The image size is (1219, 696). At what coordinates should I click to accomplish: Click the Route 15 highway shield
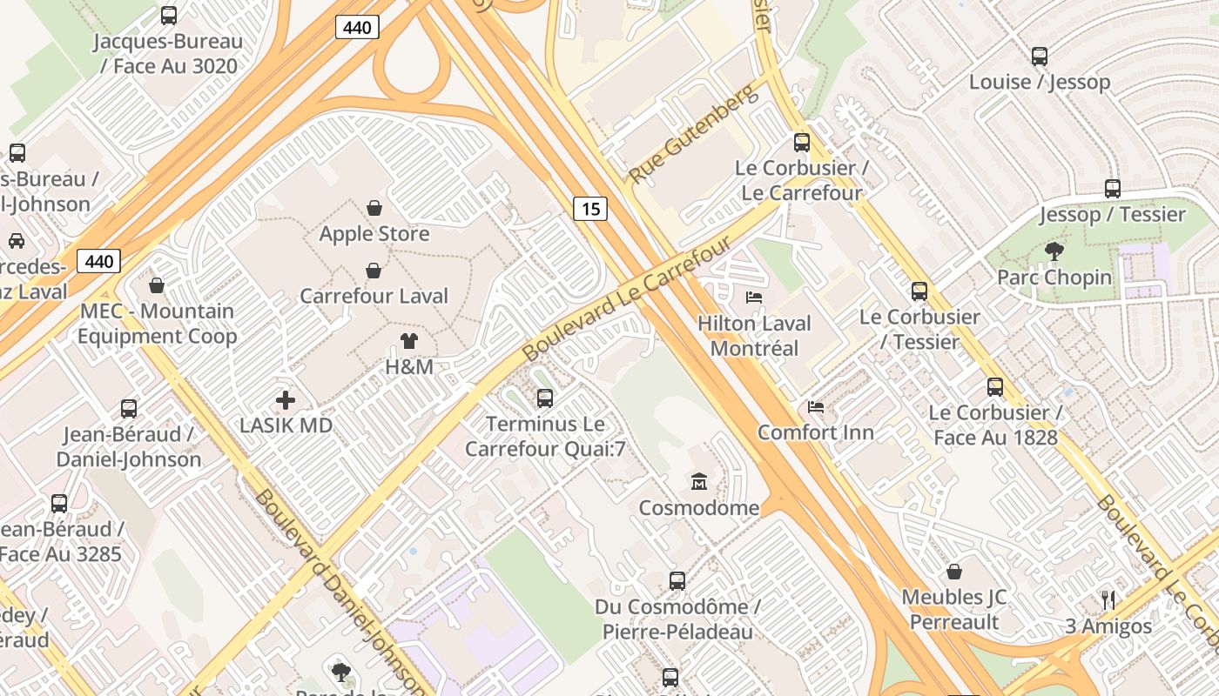click(x=590, y=209)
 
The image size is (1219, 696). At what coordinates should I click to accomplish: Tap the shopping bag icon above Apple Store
click(x=374, y=208)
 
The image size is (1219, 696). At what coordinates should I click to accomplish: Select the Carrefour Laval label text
click(x=374, y=296)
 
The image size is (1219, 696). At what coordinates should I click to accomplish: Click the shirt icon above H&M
click(x=408, y=341)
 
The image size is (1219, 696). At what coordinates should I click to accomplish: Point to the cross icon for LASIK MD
click(x=286, y=400)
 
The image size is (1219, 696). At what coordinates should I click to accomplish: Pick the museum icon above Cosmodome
click(x=698, y=482)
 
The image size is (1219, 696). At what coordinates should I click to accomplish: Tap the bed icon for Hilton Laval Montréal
click(x=754, y=298)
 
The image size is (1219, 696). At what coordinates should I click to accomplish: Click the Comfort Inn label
click(x=815, y=432)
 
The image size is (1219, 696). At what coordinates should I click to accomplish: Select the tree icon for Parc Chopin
click(x=1054, y=252)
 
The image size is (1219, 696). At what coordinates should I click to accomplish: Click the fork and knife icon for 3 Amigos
click(x=1108, y=600)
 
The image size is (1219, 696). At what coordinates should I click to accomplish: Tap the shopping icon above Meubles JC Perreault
click(x=954, y=572)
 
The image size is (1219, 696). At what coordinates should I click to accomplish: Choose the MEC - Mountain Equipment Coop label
click(x=158, y=324)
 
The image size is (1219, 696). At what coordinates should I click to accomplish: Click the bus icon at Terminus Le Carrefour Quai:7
click(x=545, y=398)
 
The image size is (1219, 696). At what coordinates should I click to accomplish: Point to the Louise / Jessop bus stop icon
click(x=1040, y=57)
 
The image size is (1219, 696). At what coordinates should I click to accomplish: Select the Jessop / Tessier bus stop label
click(x=1112, y=214)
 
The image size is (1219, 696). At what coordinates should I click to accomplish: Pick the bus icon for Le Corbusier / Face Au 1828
click(x=995, y=387)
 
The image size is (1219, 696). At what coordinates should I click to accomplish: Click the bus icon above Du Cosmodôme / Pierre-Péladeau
click(x=677, y=581)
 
